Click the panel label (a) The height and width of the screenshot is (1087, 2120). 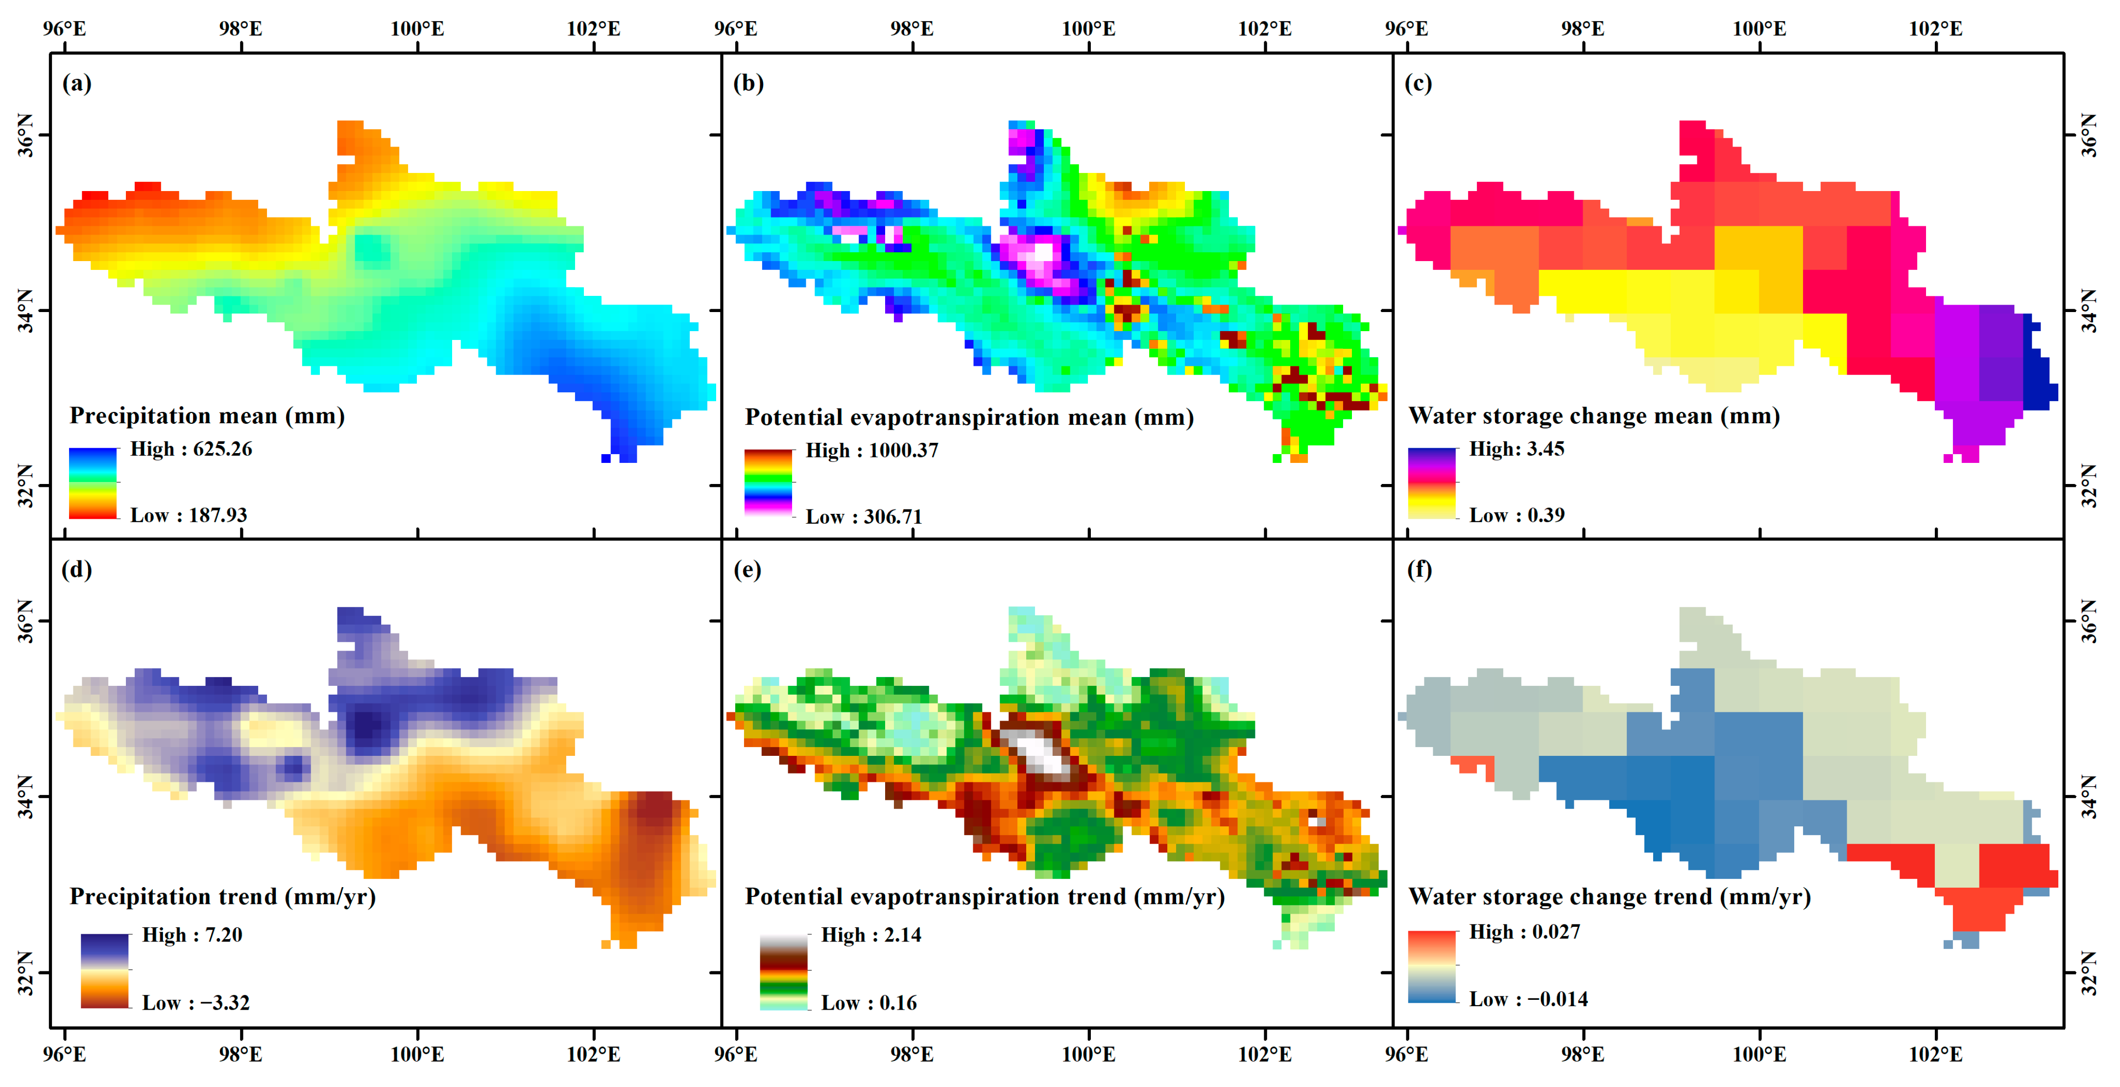tap(76, 84)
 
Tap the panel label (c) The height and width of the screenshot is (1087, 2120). tap(1418, 84)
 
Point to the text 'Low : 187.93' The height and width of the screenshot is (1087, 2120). tap(189, 515)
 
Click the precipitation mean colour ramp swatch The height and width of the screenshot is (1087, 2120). tap(93, 483)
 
